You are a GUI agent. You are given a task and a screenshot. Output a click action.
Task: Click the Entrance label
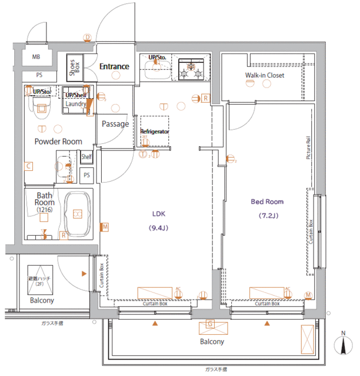coord(114,66)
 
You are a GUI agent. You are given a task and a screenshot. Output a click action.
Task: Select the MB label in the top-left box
coord(36,58)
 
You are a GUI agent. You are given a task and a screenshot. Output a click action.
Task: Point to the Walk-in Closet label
coord(265,76)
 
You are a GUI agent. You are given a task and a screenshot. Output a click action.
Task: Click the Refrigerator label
coord(155,132)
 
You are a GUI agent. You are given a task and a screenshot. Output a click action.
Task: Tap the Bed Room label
coord(267,202)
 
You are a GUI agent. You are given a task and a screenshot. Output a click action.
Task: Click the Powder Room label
coord(58,142)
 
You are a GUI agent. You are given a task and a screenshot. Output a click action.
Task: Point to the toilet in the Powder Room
coord(41,106)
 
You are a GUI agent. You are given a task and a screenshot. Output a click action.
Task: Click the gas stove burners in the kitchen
coord(191,69)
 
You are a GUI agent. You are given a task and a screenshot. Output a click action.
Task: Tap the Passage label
coord(115,124)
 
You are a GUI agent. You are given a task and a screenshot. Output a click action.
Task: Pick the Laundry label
coord(76,104)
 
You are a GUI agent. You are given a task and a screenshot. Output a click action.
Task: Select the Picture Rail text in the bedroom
coord(308,147)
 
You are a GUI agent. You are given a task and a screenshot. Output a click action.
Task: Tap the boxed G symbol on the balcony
coord(210,324)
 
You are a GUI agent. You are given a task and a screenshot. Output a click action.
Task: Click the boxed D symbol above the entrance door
coord(87,38)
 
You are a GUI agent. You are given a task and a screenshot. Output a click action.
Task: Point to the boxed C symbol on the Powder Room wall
coord(28,166)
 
